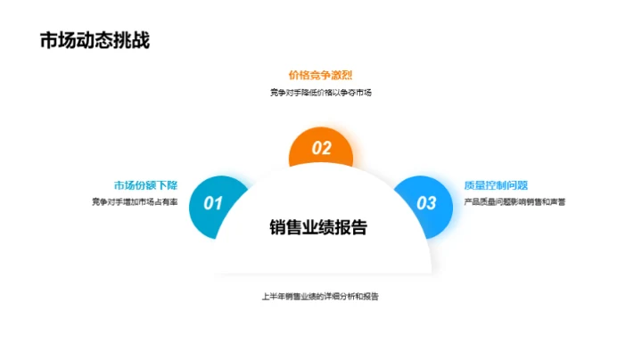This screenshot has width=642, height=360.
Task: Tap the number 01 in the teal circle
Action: pyautogui.click(x=213, y=203)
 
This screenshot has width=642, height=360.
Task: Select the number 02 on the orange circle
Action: pyautogui.click(x=320, y=149)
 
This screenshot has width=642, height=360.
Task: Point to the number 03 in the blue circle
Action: pyautogui.click(x=427, y=203)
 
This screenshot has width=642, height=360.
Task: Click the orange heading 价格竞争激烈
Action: pyautogui.click(x=320, y=75)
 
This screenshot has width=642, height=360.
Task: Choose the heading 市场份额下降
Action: pyautogui.click(x=145, y=185)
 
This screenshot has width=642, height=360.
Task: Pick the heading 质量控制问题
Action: pyautogui.click(x=496, y=185)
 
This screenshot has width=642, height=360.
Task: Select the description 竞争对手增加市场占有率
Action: pyautogui.click(x=134, y=201)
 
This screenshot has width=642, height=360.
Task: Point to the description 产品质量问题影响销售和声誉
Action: pyautogui.click(x=514, y=201)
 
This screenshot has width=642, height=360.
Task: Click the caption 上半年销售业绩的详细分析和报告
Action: pyautogui.click(x=320, y=295)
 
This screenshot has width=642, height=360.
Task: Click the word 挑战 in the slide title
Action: pyautogui.click(x=129, y=41)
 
